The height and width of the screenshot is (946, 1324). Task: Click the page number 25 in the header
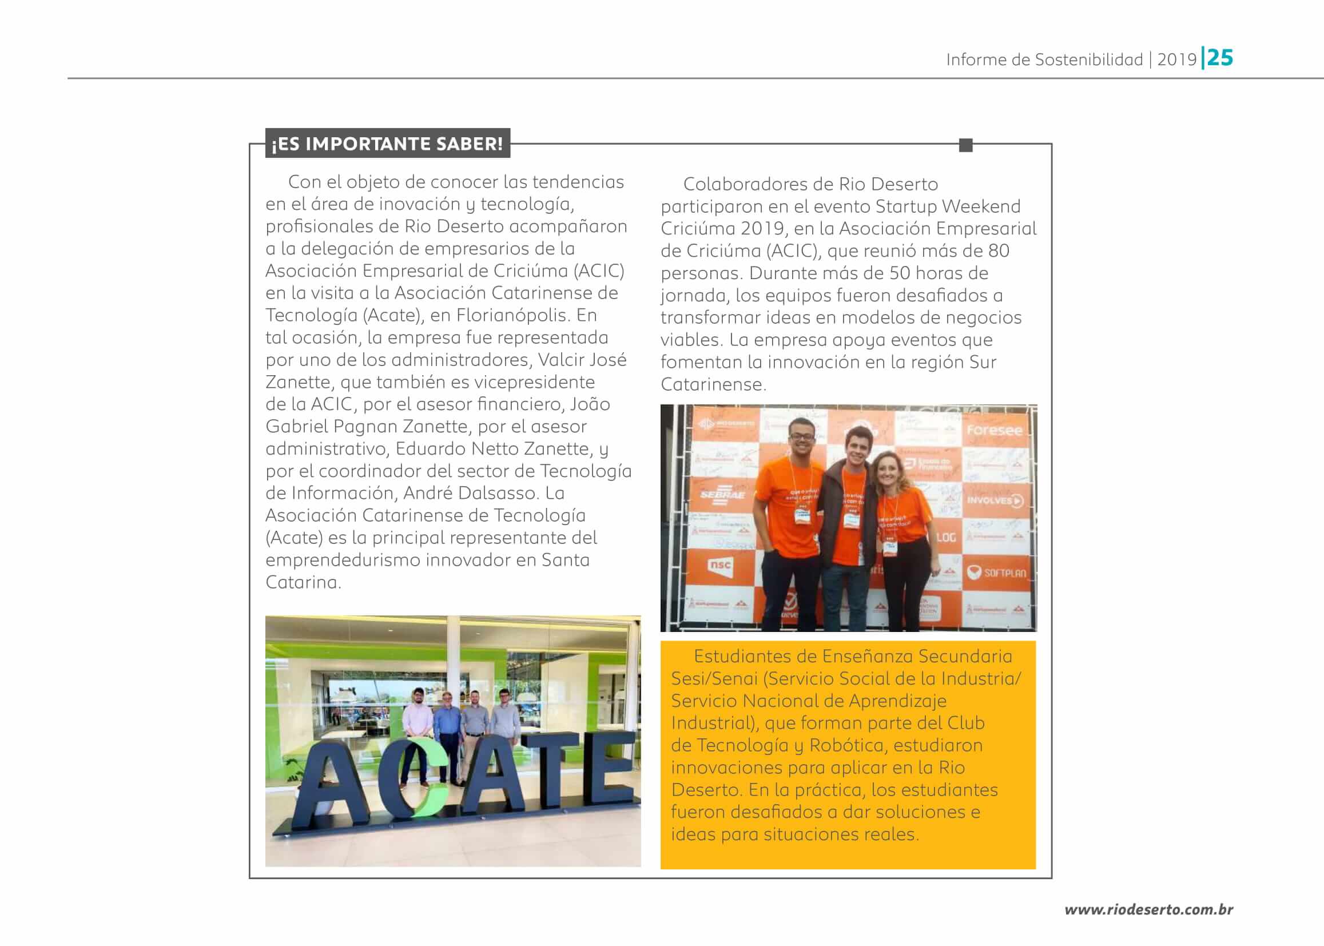1220,58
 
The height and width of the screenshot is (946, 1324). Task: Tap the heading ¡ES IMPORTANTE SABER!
387,144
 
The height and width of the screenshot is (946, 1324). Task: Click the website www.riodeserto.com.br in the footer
1148,909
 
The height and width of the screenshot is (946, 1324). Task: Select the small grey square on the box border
965,145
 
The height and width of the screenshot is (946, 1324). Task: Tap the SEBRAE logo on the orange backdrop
722,495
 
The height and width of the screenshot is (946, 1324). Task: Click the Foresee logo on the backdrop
995,430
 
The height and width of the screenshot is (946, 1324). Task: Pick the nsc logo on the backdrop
721,565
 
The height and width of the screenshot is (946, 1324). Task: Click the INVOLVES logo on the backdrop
995,500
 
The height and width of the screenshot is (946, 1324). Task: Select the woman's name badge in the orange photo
889,547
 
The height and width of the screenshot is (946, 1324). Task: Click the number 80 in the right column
999,251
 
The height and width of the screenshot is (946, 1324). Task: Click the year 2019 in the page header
1176,59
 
